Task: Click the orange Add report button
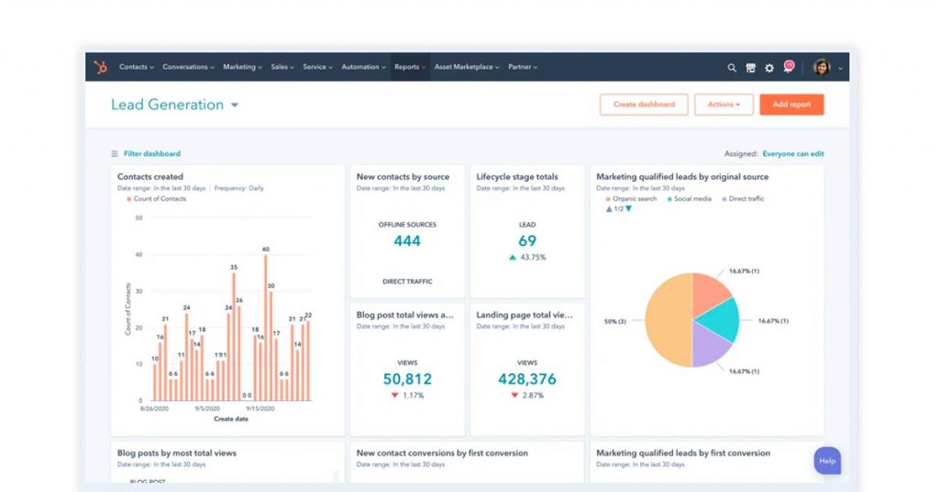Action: coord(791,105)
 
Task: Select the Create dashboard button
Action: coord(644,105)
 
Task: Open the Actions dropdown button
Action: coord(724,105)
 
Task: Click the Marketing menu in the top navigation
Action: coord(242,67)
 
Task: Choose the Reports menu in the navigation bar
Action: coord(409,67)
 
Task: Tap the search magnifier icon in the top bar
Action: coord(732,68)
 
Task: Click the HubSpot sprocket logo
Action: coord(100,67)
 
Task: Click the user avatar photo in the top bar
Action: coord(822,68)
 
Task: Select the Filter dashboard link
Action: coord(151,154)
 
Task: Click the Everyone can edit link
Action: coord(792,154)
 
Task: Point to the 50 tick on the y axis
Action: coord(138,218)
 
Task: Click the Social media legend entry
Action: coord(692,199)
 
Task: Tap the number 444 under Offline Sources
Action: coord(407,241)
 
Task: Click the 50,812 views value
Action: coord(407,378)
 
